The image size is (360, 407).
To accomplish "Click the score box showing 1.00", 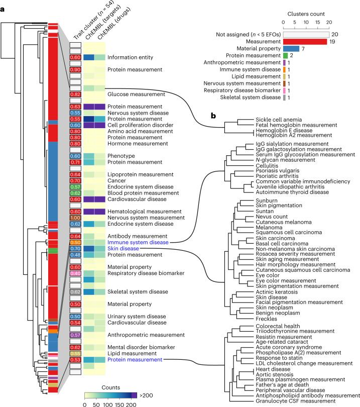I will [x=75, y=217].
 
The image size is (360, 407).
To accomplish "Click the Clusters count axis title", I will [x=306, y=15].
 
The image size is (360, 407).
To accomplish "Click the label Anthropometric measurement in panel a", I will [x=142, y=334].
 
